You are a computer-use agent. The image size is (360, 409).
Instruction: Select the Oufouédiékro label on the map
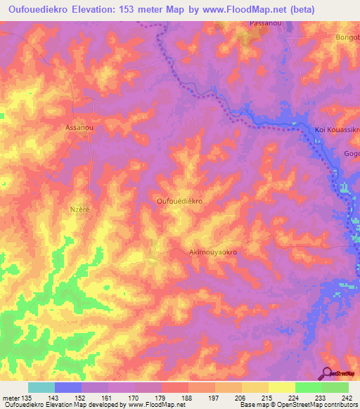tap(179, 201)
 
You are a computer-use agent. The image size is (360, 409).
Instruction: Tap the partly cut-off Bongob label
tap(347, 37)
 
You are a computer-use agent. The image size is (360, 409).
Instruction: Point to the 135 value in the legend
tap(29, 397)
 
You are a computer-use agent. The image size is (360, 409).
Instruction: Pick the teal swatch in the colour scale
tap(41, 387)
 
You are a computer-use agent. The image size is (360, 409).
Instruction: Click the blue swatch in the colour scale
tap(68, 387)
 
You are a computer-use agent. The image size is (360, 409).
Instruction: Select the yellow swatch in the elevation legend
tap(282, 387)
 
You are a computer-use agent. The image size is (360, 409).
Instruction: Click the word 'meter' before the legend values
tap(12, 397)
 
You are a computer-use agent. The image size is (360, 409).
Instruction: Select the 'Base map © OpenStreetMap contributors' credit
tap(297, 405)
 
